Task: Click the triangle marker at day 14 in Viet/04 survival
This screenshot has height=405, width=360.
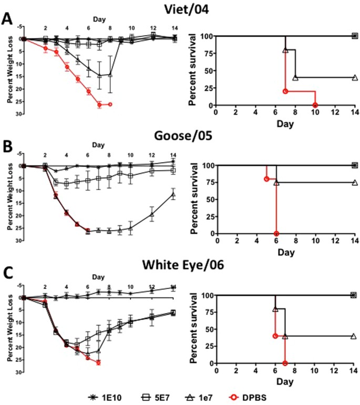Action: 355,78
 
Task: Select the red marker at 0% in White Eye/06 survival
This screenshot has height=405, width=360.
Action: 285,363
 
